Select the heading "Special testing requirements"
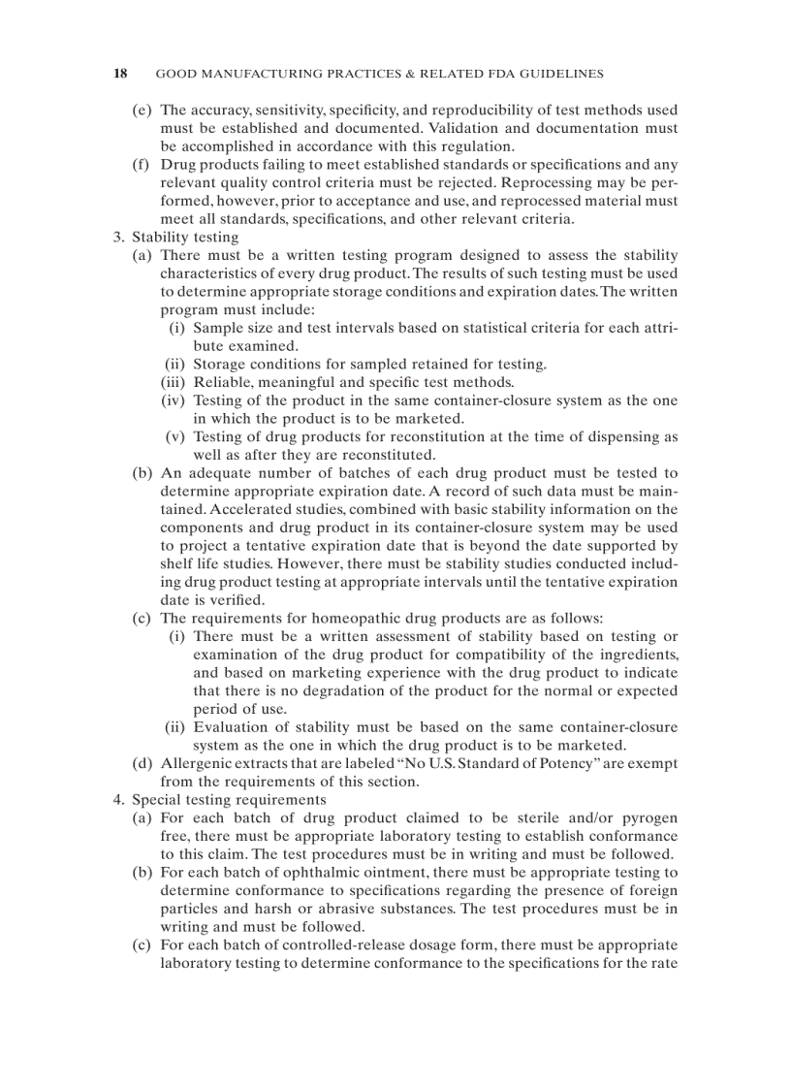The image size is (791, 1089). (229, 800)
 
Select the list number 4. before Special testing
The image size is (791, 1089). (119, 800)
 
